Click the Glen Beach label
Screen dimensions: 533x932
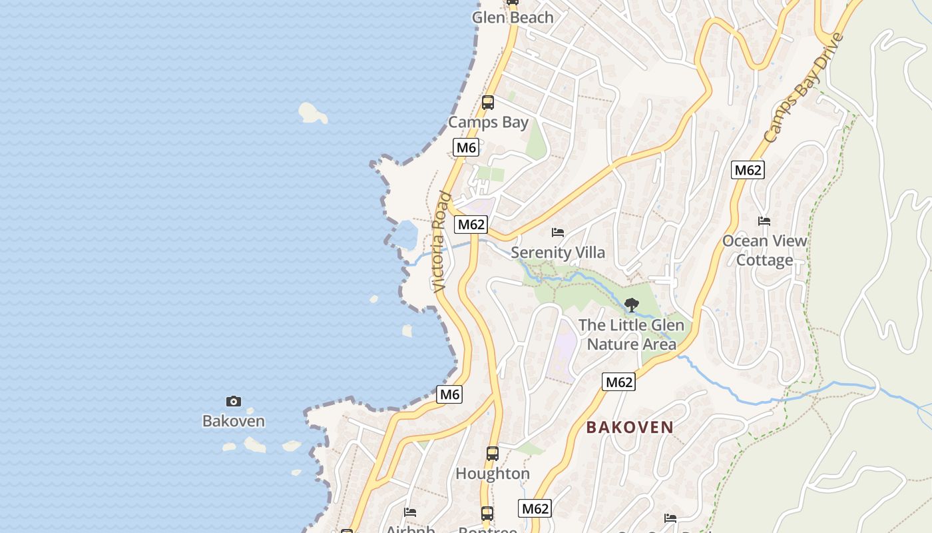coord(513,18)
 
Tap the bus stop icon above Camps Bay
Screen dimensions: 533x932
coord(488,103)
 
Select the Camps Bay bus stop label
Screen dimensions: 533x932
coord(488,123)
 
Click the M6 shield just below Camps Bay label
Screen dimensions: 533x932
coord(466,147)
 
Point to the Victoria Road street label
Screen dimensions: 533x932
coord(441,242)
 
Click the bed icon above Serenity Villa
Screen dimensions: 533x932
coord(558,233)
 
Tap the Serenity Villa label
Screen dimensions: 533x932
coord(558,253)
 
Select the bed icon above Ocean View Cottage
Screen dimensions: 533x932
coord(764,221)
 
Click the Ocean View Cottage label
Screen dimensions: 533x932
coord(764,251)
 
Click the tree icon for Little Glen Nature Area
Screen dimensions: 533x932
coord(632,305)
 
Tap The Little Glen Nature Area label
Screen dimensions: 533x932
coord(631,334)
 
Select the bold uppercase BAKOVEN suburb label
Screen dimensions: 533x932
coord(630,428)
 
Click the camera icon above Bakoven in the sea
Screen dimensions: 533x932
coord(234,401)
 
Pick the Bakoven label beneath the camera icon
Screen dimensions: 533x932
coord(234,421)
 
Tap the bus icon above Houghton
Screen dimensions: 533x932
coord(493,454)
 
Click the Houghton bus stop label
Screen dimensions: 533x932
coord(493,474)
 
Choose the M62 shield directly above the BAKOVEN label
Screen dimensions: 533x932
coord(619,382)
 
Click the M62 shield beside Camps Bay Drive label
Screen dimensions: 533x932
coord(748,170)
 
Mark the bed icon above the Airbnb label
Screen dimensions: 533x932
coord(410,512)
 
